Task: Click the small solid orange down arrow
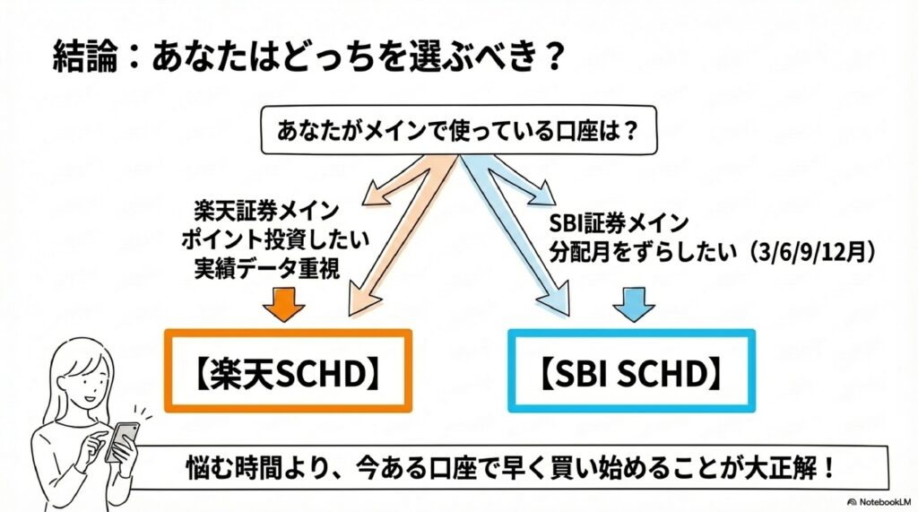[x=283, y=305]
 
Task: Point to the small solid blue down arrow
[x=635, y=305]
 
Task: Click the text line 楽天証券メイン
[x=267, y=213]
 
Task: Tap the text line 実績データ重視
[x=267, y=268]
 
